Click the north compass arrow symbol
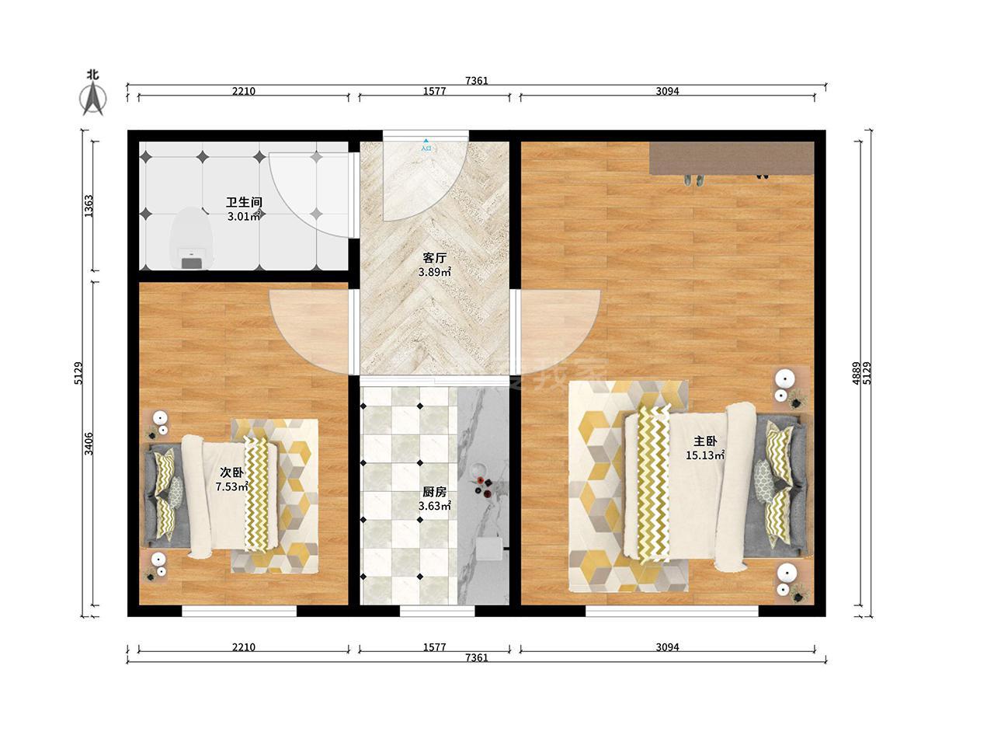[x=93, y=97]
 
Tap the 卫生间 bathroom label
[x=244, y=202]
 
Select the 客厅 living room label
[x=434, y=258]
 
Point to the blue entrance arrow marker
[x=426, y=141]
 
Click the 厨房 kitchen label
[x=434, y=492]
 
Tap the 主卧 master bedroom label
[x=704, y=441]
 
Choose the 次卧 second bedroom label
[x=231, y=472]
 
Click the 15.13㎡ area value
[x=704, y=455]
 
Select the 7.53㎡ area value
[x=231, y=487]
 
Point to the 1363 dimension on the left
[x=89, y=206]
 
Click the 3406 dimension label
[x=89, y=444]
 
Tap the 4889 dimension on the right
[x=856, y=373]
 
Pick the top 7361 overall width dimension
[x=476, y=81]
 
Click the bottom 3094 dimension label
[x=667, y=647]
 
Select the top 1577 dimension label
[x=434, y=91]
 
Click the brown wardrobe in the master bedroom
[x=732, y=158]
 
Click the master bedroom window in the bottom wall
[x=672, y=611]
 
